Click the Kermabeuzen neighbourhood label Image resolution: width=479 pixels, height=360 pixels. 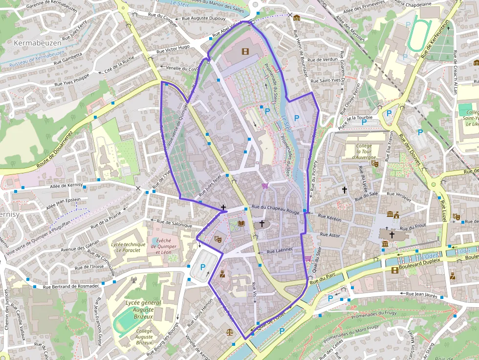pos(38,43)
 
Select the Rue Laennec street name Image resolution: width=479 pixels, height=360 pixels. pos(279,250)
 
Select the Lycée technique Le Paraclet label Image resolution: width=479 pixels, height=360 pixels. pos(129,247)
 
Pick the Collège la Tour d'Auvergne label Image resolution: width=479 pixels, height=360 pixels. pos(364,151)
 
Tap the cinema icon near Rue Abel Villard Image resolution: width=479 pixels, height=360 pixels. pos(244,51)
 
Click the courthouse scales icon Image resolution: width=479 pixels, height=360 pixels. pos(230,331)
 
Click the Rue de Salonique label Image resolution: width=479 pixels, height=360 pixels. pos(175,223)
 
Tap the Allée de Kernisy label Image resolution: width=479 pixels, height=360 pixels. pos(66,186)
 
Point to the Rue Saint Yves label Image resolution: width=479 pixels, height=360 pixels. pos(326,80)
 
